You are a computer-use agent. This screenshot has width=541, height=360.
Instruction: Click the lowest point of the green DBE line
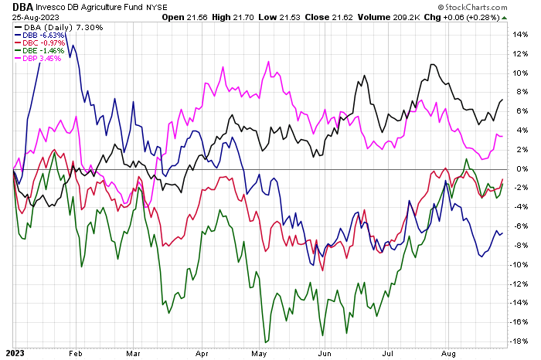point(266,341)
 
